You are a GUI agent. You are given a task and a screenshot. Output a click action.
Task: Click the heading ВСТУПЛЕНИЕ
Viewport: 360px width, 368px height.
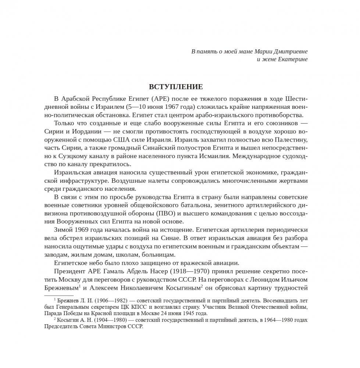176,87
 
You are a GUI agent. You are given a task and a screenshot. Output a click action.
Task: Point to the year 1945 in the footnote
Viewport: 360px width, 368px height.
176,314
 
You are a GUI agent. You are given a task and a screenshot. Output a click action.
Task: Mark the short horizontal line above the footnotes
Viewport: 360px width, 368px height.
59,295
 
